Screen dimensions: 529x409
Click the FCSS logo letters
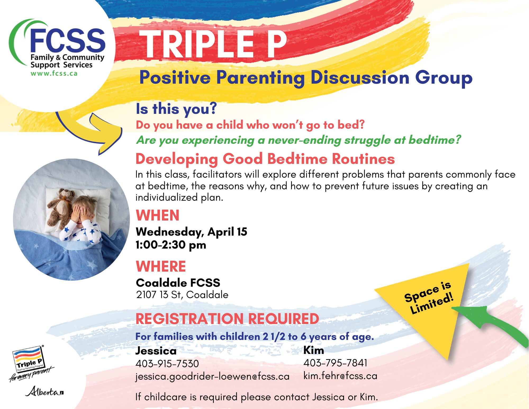pos(68,40)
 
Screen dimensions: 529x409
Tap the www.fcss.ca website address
pos(54,73)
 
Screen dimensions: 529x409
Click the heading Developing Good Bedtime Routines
pos(265,159)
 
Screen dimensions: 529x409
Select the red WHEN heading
pos(157,215)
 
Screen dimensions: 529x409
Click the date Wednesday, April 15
pos(191,232)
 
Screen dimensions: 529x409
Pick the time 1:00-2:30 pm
pos(171,245)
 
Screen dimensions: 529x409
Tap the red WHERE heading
pos(161,266)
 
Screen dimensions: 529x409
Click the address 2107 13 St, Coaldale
pos(182,295)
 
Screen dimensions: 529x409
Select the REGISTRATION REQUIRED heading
pos(227,319)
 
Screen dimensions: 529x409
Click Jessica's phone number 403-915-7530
pos(167,364)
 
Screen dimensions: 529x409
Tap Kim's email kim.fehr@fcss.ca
pos(340,376)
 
